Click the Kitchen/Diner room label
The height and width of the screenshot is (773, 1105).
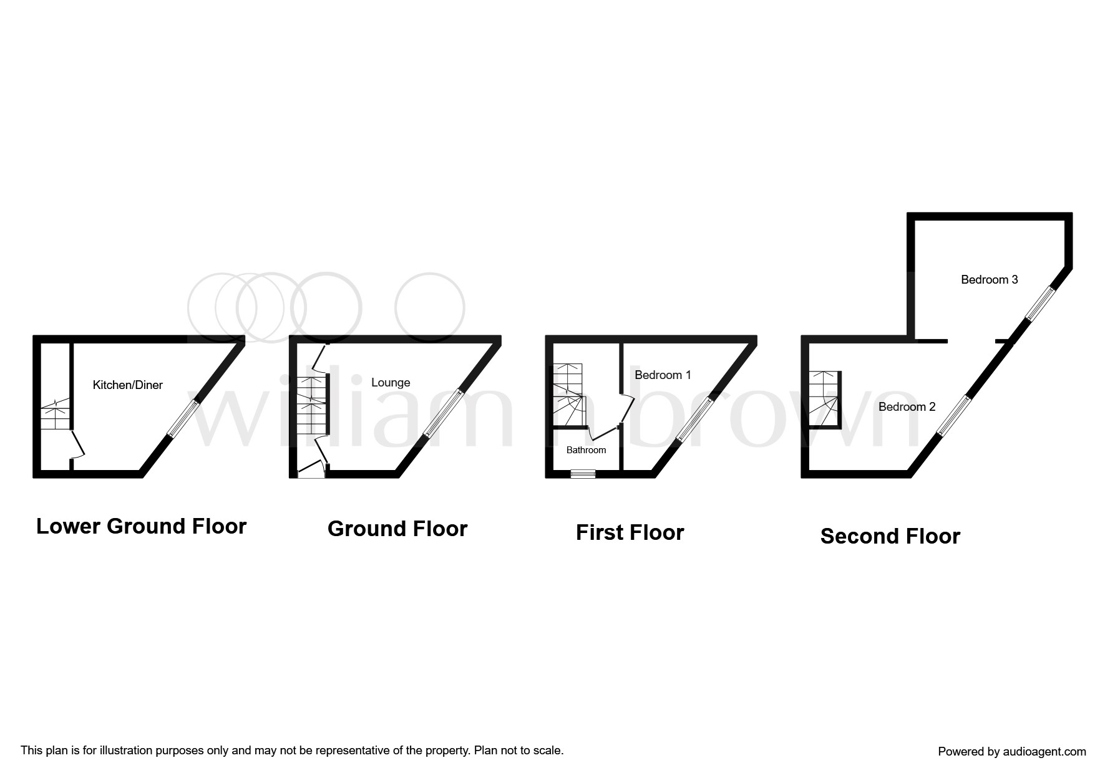click(x=127, y=385)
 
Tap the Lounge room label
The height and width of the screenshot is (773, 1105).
click(x=391, y=383)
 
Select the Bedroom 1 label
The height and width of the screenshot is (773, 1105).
click(x=663, y=375)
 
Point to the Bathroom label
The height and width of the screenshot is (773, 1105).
click(x=586, y=450)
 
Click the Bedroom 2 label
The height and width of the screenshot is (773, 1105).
click(x=907, y=407)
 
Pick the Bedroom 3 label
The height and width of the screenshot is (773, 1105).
click(x=989, y=280)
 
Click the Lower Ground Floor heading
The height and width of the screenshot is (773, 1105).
click(x=142, y=526)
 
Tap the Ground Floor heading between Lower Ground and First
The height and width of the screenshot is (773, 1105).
click(x=397, y=529)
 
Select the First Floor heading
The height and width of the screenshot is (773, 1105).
click(x=630, y=532)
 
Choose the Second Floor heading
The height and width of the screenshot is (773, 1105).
click(x=890, y=536)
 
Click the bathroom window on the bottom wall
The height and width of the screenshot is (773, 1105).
click(x=583, y=474)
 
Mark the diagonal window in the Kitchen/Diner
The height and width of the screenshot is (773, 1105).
click(x=184, y=418)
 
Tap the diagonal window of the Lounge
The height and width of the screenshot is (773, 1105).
click(x=444, y=413)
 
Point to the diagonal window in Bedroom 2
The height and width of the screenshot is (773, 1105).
click(x=954, y=415)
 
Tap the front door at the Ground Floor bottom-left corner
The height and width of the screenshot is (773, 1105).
click(x=311, y=470)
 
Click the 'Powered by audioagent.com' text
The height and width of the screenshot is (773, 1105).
click(x=1011, y=752)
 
